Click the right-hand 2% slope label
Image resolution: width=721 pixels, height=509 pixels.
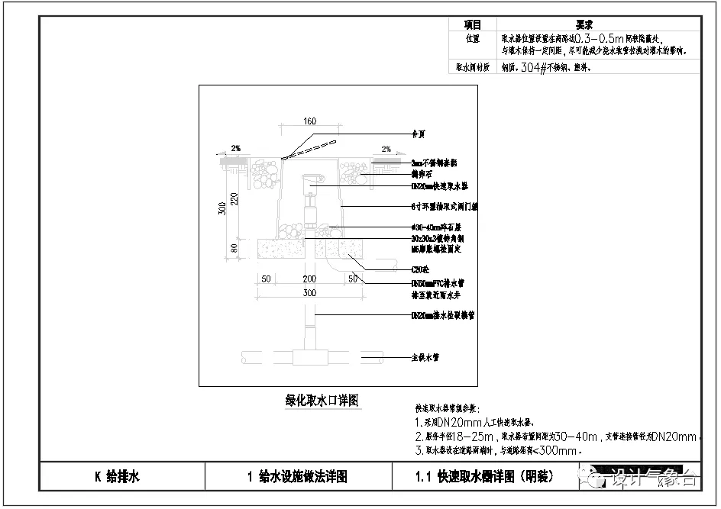(386, 149)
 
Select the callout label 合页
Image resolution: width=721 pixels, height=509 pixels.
(418, 134)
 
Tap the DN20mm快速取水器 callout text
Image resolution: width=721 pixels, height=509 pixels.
(440, 185)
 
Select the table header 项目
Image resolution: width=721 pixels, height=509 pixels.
(473, 24)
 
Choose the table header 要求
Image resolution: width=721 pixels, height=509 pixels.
(584, 24)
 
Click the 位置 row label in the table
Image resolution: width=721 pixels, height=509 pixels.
(473, 37)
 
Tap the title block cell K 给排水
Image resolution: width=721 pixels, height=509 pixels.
(118, 478)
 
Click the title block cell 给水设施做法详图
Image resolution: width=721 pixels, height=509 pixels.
(298, 478)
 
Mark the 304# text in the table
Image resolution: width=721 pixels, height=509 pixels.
(534, 67)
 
